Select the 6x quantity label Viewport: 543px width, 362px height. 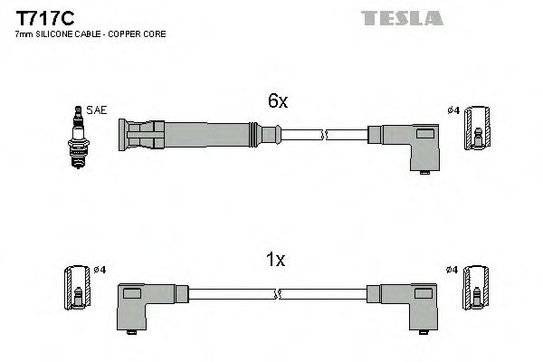point(277,102)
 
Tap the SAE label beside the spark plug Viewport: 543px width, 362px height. point(97,110)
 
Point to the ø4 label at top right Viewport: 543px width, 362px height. point(453,110)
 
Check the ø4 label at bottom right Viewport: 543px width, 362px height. point(453,270)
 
